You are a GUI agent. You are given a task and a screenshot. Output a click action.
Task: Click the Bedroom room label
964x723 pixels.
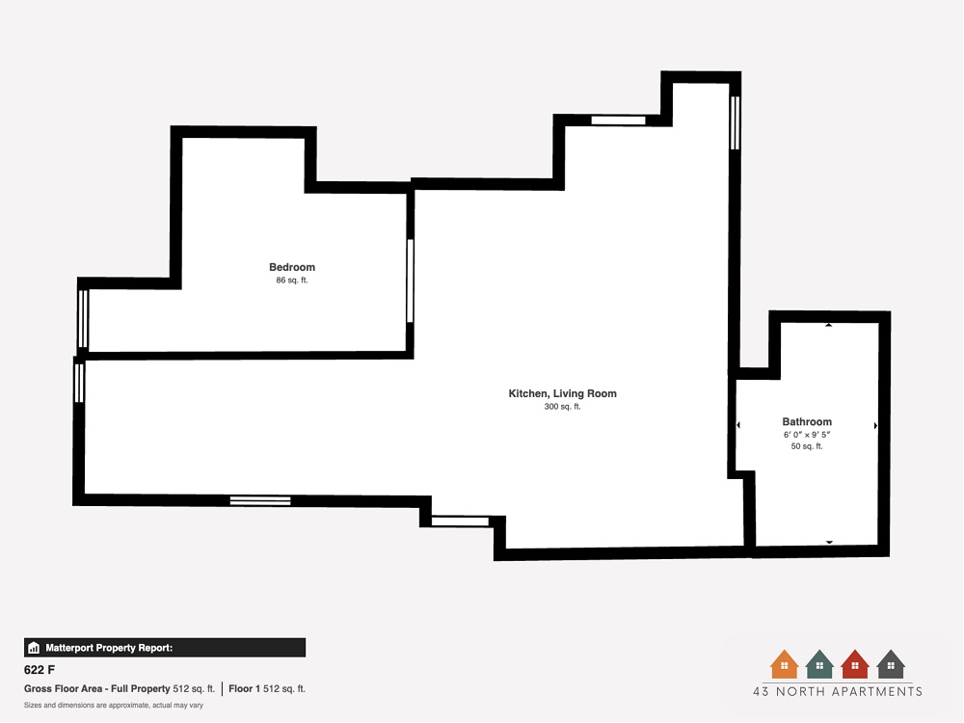[292, 267]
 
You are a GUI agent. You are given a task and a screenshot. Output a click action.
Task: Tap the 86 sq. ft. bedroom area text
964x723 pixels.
[292, 281]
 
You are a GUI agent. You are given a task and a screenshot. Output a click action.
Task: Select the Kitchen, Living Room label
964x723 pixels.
[563, 393]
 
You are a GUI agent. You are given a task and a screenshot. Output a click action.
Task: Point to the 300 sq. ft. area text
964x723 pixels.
[563, 407]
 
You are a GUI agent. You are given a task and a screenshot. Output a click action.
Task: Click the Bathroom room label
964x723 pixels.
[807, 422]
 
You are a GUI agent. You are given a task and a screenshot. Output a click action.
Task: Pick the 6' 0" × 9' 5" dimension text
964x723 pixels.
[807, 435]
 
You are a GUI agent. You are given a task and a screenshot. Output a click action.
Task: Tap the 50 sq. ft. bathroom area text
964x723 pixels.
[807, 446]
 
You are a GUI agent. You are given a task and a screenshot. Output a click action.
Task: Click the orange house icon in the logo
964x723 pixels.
[784, 664]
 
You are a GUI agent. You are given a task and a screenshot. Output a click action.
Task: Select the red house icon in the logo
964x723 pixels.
[854, 664]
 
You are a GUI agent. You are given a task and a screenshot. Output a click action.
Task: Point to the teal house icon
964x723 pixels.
[819, 664]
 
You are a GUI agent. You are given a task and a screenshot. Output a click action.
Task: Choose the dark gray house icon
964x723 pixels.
[890, 664]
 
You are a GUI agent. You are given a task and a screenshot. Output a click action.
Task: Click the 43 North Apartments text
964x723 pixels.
[838, 691]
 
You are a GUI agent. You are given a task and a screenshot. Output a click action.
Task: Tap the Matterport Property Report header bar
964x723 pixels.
[165, 648]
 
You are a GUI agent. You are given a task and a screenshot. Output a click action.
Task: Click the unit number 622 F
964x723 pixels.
[40, 670]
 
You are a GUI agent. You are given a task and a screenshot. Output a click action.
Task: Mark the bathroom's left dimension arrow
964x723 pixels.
[738, 425]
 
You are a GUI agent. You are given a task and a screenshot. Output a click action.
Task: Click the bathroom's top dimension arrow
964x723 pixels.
[829, 325]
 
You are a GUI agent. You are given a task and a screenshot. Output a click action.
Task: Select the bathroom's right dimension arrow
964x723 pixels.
[875, 425]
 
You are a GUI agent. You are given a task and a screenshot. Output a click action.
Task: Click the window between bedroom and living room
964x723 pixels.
[410, 281]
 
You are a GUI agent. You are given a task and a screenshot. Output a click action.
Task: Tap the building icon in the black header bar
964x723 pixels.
[34, 648]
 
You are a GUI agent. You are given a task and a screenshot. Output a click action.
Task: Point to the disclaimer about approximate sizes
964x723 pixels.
[114, 706]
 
